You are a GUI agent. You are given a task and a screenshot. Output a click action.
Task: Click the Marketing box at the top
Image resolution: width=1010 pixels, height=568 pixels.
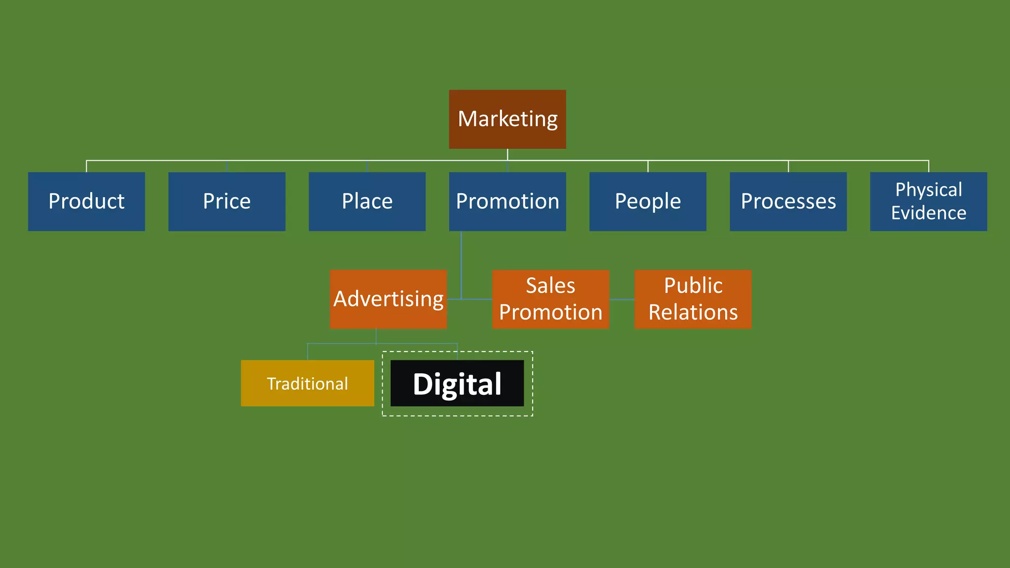click(x=507, y=119)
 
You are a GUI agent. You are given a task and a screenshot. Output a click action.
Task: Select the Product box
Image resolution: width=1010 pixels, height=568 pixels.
click(x=86, y=201)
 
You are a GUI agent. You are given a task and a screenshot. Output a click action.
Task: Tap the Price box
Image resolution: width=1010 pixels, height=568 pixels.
click(x=227, y=201)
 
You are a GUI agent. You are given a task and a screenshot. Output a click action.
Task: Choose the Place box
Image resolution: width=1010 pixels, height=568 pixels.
click(x=367, y=201)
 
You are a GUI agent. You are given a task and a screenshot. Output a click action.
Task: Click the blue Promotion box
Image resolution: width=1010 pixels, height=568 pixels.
click(x=507, y=201)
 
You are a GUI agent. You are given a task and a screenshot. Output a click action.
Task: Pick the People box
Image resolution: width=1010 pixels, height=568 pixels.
click(x=648, y=201)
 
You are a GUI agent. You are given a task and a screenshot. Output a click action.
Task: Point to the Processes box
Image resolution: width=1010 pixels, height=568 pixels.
click(x=788, y=201)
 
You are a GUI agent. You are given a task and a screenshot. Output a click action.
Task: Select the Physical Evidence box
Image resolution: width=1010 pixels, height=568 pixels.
click(x=928, y=201)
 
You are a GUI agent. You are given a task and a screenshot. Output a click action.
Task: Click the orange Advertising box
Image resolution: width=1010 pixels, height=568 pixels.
click(x=388, y=299)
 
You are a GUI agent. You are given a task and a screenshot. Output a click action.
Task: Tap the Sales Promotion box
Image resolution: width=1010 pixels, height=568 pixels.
click(x=550, y=299)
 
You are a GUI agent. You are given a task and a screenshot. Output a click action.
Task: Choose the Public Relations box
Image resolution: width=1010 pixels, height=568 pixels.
click(x=692, y=299)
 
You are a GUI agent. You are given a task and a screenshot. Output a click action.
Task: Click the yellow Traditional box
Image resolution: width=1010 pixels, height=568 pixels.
click(x=307, y=383)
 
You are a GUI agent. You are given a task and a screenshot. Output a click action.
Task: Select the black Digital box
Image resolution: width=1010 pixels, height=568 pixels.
click(x=457, y=383)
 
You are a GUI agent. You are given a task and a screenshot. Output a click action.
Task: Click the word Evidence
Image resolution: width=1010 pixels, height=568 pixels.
click(x=928, y=213)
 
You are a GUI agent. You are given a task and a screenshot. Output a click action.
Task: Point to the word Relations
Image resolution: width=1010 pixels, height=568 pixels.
click(x=693, y=312)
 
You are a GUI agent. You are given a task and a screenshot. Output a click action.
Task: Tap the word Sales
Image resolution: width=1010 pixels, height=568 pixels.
click(x=550, y=285)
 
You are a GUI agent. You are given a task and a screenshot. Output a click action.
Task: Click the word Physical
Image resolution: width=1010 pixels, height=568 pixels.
click(x=928, y=189)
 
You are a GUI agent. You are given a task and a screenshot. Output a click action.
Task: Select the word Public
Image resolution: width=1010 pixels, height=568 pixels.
click(x=693, y=285)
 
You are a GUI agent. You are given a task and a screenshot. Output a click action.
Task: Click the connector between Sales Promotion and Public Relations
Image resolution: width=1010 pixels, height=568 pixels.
click(x=622, y=299)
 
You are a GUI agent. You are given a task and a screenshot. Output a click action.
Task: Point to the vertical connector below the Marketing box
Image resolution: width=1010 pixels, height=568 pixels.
click(x=507, y=154)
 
